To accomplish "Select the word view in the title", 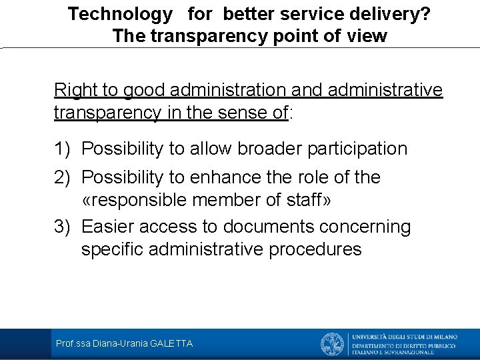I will [367, 36].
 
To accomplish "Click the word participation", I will [357, 149].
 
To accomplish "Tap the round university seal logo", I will [333, 344].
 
